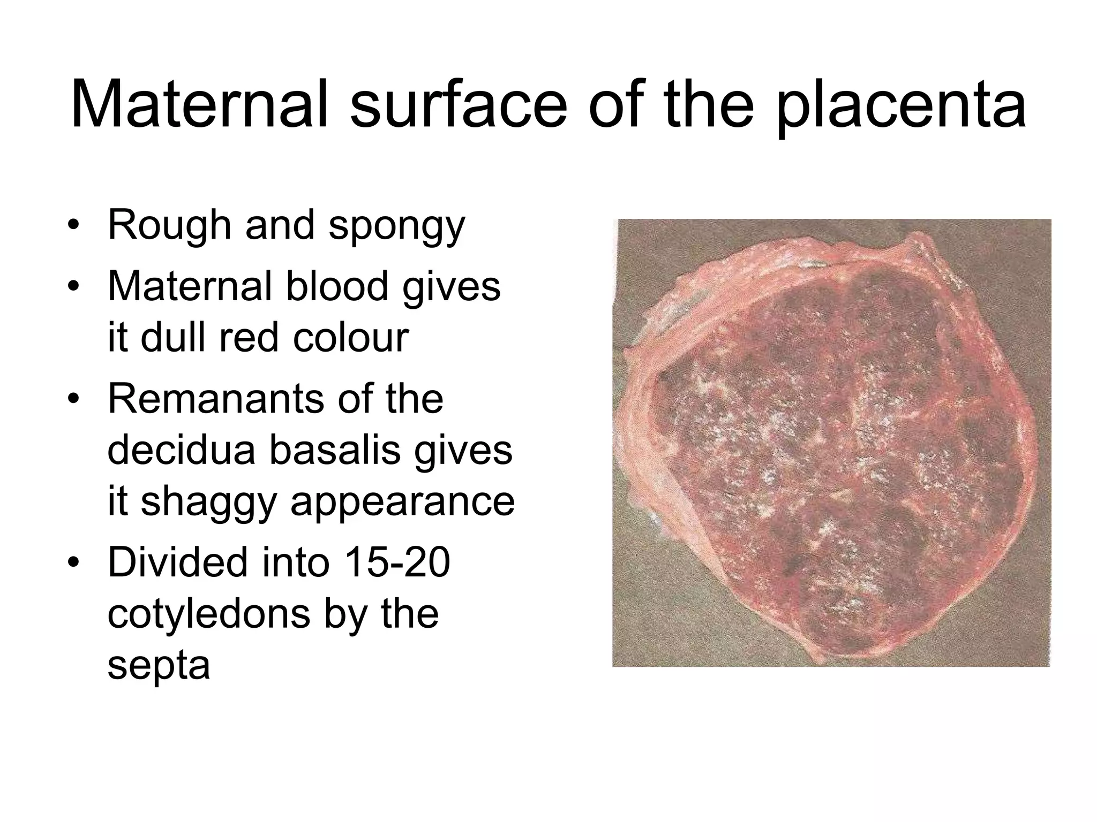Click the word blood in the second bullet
(337, 286)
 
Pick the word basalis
(335, 450)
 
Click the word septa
(159, 666)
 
